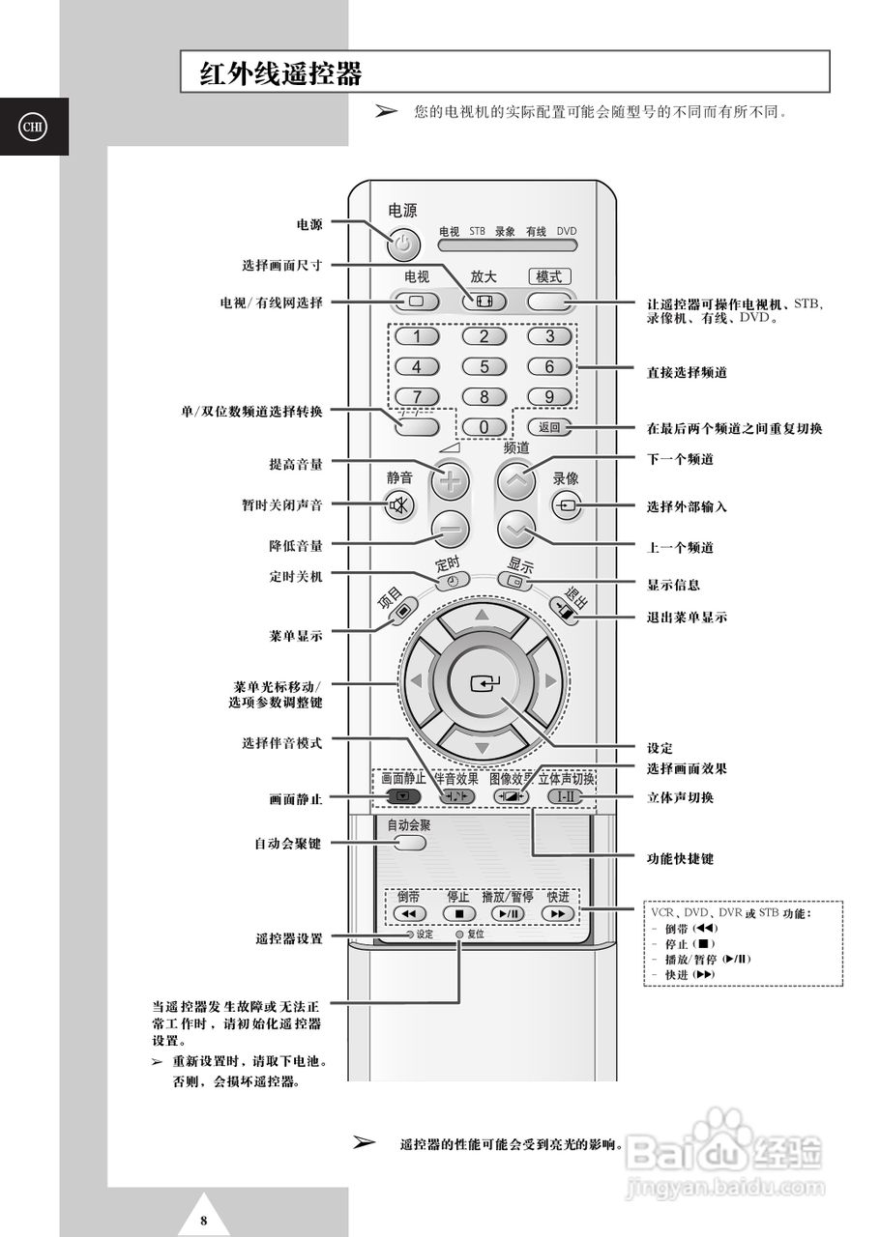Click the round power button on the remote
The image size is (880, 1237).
[404, 245]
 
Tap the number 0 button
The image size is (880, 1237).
[484, 427]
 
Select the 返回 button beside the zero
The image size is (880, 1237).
[549, 427]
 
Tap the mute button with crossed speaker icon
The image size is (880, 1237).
[399, 504]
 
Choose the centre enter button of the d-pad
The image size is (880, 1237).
[483, 684]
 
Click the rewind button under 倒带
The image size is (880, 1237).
[409, 913]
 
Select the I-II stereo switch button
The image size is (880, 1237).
[565, 797]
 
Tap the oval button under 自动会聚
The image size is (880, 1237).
[410, 843]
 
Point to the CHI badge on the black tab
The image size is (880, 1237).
[34, 127]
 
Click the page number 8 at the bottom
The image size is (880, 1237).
[203, 1220]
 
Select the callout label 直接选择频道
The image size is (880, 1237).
[687, 372]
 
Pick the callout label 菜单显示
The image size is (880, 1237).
[296, 636]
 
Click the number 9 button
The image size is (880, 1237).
[549, 397]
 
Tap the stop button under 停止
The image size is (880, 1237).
[459, 913]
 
